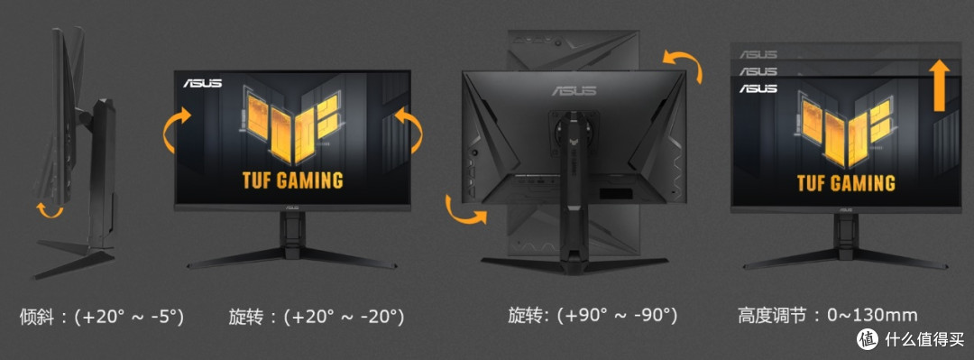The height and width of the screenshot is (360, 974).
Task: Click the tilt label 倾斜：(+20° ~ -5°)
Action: pos(102,317)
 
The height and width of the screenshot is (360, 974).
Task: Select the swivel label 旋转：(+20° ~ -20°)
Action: pos(317,317)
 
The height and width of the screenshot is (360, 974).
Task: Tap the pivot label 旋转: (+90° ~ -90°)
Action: pos(592,315)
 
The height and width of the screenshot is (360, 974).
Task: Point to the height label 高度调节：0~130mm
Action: pos(827,315)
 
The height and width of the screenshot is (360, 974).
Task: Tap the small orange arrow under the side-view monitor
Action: pos(50,210)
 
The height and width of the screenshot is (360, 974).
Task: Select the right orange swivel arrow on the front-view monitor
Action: pos(409,130)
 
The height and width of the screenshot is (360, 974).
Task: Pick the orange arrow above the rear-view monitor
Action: pos(684,65)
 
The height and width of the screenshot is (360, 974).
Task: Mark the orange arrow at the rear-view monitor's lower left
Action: pos(464,209)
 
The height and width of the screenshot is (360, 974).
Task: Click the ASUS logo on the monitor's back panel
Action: pos(574,91)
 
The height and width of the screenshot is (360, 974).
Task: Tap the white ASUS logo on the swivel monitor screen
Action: pos(203,83)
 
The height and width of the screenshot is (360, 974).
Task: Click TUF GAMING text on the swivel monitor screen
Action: pos(292,181)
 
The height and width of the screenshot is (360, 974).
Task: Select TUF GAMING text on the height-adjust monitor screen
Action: pos(846,183)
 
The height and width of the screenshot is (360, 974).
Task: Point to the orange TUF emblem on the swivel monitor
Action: pos(292,126)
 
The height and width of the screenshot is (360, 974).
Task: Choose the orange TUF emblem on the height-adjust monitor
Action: pos(845,129)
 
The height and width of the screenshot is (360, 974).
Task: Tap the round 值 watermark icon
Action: pos(868,339)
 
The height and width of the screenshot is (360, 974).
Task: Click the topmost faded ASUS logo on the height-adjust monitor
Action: pos(758,55)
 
